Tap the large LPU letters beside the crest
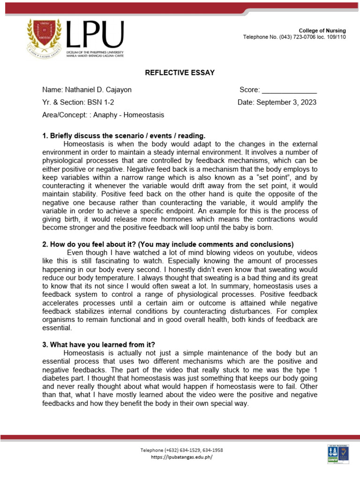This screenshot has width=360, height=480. point(96,33)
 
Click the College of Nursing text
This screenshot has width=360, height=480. point(322,30)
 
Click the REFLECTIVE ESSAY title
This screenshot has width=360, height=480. point(180,72)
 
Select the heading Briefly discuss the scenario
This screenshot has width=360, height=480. point(124,136)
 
